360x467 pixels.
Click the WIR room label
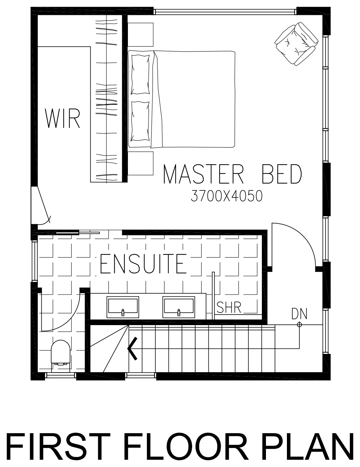click(x=62, y=119)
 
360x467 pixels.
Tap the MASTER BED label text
click(x=232, y=174)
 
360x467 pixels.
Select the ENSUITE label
click(x=143, y=264)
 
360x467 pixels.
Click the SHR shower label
click(x=229, y=307)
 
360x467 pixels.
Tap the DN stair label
click(x=299, y=314)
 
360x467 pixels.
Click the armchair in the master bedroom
click(x=296, y=44)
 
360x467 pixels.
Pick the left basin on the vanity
click(x=123, y=307)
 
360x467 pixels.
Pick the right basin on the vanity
click(x=179, y=307)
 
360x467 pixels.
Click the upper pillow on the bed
click(x=140, y=75)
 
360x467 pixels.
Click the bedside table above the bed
click(x=140, y=35)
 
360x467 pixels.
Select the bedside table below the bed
click(x=140, y=163)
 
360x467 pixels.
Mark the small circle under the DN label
click(x=299, y=325)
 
